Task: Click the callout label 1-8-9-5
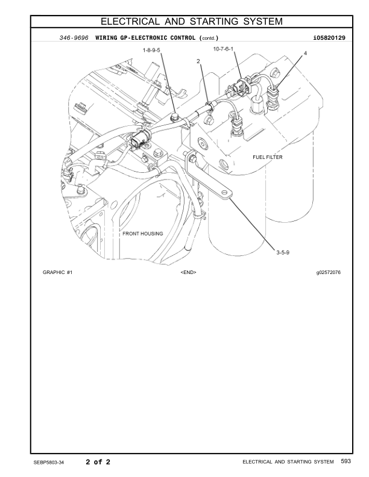tap(151, 50)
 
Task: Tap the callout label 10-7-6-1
tap(223, 49)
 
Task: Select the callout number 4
tap(305, 53)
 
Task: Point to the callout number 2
tap(198, 61)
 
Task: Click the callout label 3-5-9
tap(283, 252)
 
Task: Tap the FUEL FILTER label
tap(268, 157)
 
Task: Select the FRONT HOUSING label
tap(143, 234)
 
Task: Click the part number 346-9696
tap(74, 38)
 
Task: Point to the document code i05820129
tap(329, 38)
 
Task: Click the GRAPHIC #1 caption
tap(57, 272)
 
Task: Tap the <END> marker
tap(189, 272)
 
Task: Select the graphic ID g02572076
tap(328, 272)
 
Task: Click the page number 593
tap(346, 461)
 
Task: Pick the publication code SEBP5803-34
tap(49, 463)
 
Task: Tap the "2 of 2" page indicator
tap(98, 462)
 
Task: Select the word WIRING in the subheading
tap(106, 38)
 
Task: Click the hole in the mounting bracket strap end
tap(224, 192)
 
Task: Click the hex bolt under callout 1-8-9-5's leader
tap(175, 117)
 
